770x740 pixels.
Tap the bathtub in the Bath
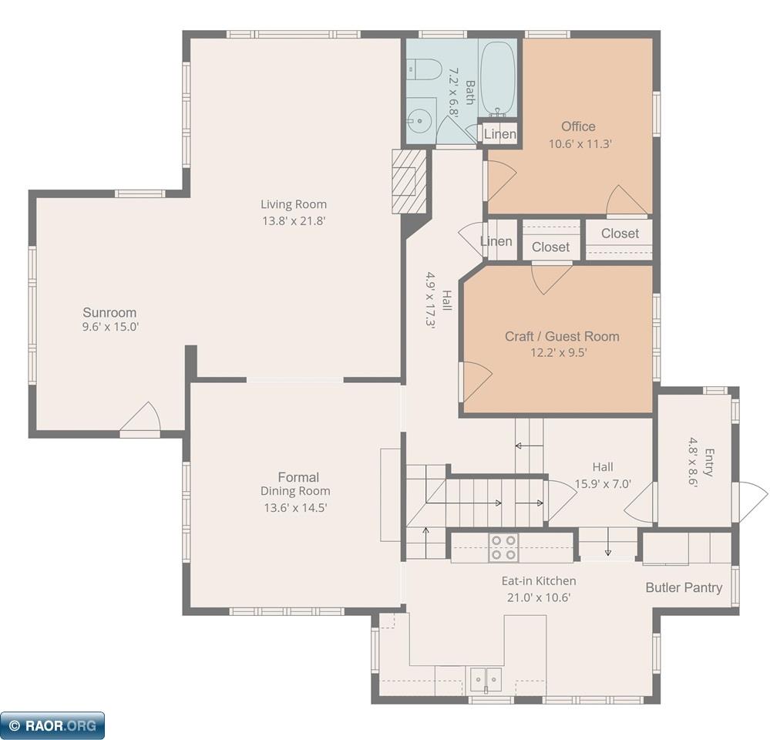pyautogui.click(x=497, y=79)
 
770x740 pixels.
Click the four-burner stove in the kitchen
pyautogui.click(x=504, y=547)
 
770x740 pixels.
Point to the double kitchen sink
pyautogui.click(x=486, y=680)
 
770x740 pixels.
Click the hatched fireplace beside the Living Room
pyautogui.click(x=409, y=181)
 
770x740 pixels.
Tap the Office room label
pyautogui.click(x=579, y=126)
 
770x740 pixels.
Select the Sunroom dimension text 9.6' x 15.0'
pyautogui.click(x=110, y=327)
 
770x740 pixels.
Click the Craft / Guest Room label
pyautogui.click(x=562, y=336)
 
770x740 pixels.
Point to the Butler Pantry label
pyautogui.click(x=684, y=588)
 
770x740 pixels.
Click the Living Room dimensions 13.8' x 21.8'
pyautogui.click(x=294, y=220)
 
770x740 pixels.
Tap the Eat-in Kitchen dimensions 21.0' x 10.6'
pyautogui.click(x=539, y=597)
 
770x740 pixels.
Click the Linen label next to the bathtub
pyautogui.click(x=500, y=133)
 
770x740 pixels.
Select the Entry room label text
pyautogui.click(x=709, y=462)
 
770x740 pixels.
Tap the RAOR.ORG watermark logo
pyautogui.click(x=52, y=725)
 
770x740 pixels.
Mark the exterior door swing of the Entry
pyautogui.click(x=751, y=501)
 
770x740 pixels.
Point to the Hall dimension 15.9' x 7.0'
pyautogui.click(x=603, y=483)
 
